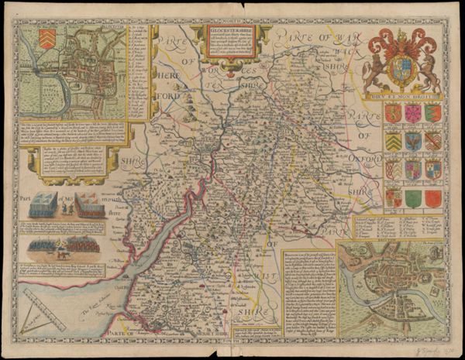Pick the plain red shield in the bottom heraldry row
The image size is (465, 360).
[432, 198]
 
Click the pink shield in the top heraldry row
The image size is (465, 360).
[412, 113]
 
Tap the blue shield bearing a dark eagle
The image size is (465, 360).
[412, 141]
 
